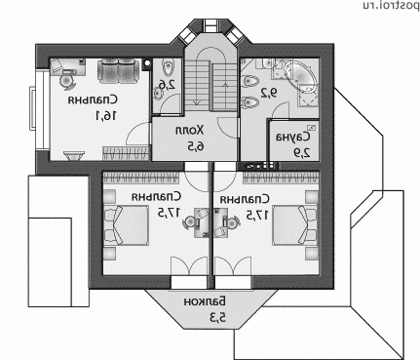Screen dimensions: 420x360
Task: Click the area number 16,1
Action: pyautogui.click(x=105, y=115)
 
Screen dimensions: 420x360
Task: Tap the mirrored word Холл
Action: pyautogui.click(x=190, y=131)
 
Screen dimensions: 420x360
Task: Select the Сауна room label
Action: pyautogui.click(x=293, y=137)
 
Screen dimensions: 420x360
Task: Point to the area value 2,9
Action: pyautogui.click(x=302, y=152)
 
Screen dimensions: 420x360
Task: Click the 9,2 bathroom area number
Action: pyautogui.click(x=270, y=94)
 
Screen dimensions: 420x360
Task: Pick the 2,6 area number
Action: pyautogui.click(x=167, y=85)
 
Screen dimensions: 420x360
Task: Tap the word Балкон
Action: pyautogui.click(x=205, y=301)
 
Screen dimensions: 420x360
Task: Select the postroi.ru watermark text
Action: pyautogui.click(x=390, y=5)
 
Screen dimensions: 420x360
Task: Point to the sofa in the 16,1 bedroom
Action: pyautogui.click(x=119, y=70)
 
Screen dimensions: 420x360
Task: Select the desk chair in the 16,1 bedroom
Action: pyautogui.click(x=67, y=81)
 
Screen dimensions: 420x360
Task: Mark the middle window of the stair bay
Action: pyautogui.click(x=210, y=25)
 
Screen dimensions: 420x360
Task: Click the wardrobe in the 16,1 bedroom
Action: pyautogui.click(x=126, y=153)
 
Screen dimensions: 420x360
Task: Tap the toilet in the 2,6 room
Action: pyautogui.click(x=168, y=67)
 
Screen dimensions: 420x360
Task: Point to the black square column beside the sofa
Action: pyautogui.click(x=147, y=63)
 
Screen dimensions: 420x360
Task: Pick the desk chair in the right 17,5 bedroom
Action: pyautogui.click(x=233, y=222)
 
